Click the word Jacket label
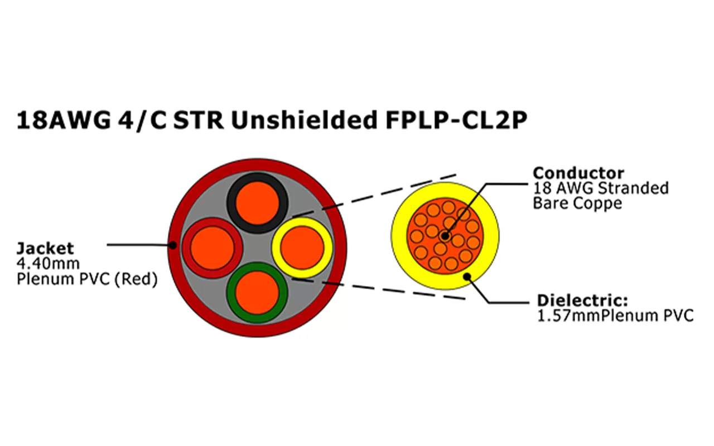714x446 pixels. click(45, 248)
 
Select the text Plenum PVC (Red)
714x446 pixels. click(86, 278)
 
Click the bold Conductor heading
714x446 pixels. click(578, 173)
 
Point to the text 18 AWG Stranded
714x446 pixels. click(601, 188)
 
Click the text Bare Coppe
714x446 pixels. click(577, 203)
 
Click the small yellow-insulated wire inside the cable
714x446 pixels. click(302, 247)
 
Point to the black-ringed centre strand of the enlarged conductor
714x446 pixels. click(444, 236)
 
